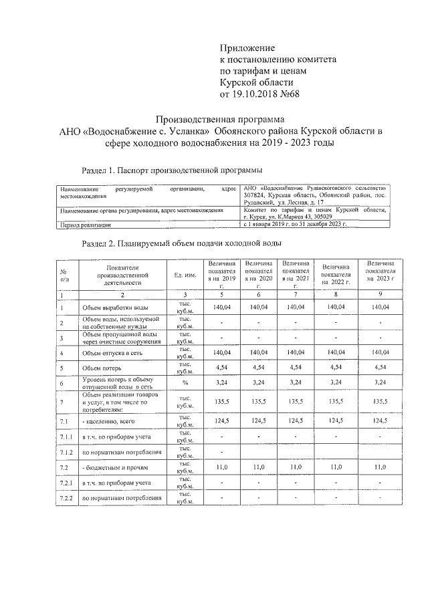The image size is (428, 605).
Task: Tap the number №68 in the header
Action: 290,94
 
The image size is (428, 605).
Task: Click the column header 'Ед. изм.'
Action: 185,275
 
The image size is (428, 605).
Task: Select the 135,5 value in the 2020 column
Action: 258,402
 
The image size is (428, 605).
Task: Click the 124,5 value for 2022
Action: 338,421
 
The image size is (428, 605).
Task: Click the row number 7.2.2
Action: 66,498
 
